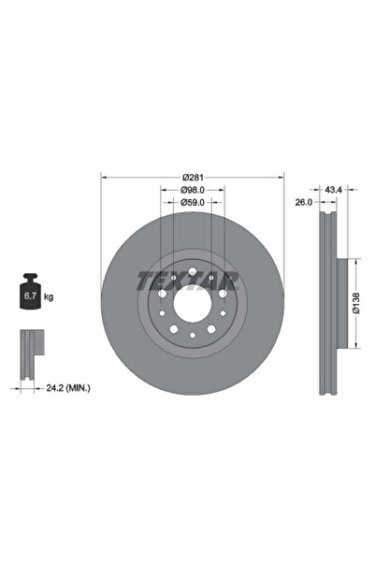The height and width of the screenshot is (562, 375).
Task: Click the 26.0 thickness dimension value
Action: tap(304, 203)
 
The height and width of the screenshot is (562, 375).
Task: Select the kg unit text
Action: tap(48, 296)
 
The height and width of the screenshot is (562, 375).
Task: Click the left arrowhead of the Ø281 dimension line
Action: tap(104, 178)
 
